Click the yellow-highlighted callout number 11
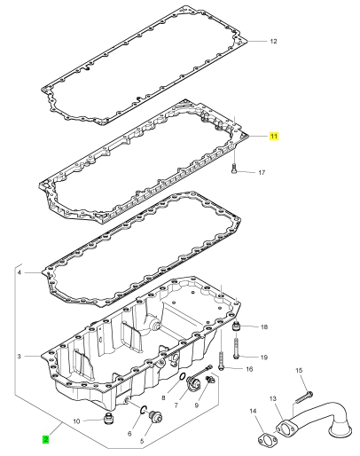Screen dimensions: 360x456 (274, 136)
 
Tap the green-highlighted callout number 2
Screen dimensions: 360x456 (45, 439)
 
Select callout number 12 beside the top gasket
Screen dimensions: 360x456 (273, 41)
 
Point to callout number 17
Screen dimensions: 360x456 (262, 172)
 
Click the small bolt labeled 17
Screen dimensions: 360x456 (234, 168)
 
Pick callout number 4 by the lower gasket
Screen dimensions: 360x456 (20, 272)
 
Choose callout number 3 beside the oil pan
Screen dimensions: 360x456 (20, 357)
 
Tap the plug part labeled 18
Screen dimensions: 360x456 (237, 327)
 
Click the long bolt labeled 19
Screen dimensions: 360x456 (236, 349)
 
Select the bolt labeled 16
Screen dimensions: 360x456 (222, 360)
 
